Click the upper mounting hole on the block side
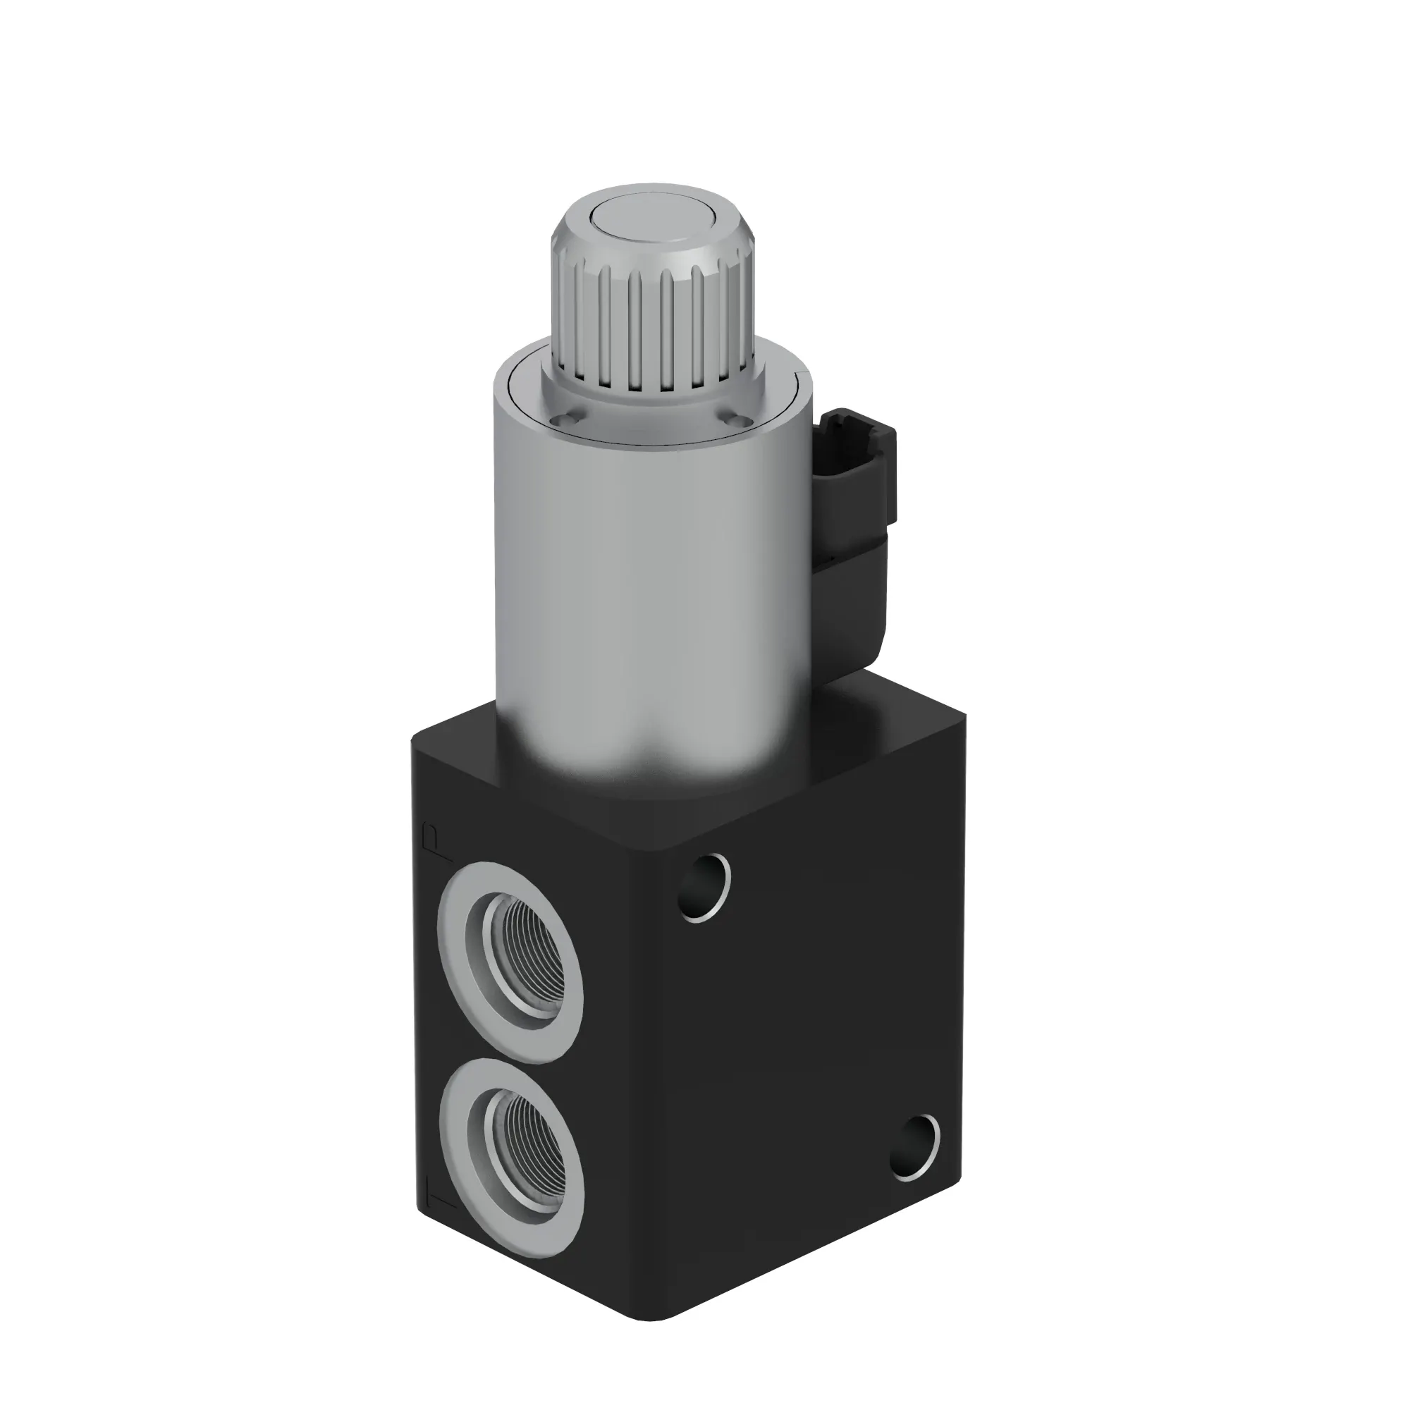[x=704, y=888]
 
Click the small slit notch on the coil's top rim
[x=805, y=375]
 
